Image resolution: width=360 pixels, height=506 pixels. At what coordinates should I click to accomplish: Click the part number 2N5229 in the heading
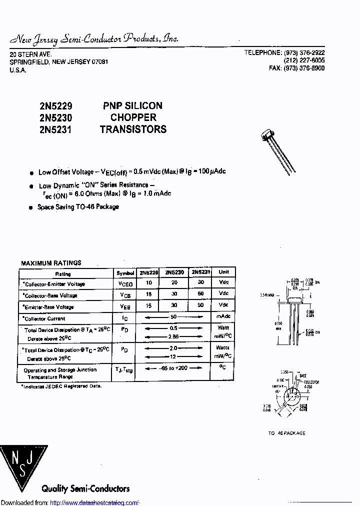coord(55,106)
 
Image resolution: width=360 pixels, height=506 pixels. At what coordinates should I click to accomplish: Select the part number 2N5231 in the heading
coord(55,129)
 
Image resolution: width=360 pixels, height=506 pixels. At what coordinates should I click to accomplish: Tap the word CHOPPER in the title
coord(133,117)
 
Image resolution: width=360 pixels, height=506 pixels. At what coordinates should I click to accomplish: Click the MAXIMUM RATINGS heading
coord(51,263)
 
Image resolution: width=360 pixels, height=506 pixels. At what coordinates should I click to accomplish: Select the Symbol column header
coord(125,273)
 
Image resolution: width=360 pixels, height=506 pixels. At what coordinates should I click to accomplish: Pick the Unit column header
coord(223,272)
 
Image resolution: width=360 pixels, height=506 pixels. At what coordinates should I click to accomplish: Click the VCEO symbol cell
coord(125,283)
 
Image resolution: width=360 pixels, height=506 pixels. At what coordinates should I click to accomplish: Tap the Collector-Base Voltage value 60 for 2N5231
coord(200,293)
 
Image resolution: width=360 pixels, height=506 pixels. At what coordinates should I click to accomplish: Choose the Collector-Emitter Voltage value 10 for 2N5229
coord(149,283)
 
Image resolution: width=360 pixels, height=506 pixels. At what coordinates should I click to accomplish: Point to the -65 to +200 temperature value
coord(174,368)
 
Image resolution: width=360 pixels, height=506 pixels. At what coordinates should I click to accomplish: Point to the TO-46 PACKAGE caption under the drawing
coord(286,433)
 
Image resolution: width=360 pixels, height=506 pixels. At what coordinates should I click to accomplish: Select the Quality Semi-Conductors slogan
coord(85,488)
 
